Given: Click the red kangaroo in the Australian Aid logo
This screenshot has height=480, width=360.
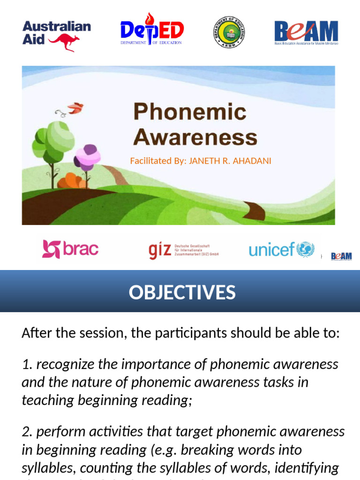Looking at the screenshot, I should (65, 41).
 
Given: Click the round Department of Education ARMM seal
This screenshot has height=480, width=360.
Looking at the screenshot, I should (229, 32).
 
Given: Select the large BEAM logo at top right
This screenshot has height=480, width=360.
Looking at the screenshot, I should (306, 32).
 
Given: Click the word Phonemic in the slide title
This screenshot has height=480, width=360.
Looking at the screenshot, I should (189, 112).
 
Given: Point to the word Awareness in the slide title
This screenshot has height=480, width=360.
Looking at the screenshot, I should (195, 137).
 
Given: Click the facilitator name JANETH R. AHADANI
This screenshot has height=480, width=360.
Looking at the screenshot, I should (230, 161).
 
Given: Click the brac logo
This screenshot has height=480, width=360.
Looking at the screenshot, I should (70, 249).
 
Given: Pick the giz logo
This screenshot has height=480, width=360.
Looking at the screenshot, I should (183, 250).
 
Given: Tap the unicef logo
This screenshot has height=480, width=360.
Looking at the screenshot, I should (281, 249).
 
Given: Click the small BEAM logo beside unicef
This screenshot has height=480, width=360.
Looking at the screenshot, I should (341, 256).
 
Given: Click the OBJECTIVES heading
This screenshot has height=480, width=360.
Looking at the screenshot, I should (182, 292).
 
